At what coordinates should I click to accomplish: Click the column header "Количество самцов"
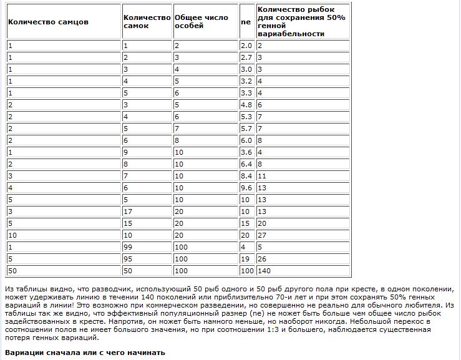48,22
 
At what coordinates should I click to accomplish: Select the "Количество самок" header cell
147,22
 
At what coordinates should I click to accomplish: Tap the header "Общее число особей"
201,22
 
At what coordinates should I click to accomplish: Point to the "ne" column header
246,22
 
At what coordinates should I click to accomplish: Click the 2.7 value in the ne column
246,57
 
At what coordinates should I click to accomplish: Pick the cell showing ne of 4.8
246,105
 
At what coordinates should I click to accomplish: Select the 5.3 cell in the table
246,117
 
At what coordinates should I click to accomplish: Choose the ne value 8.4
246,176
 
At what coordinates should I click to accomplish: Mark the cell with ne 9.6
246,188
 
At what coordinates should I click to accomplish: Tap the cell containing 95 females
129,259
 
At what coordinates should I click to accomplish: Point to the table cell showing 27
262,235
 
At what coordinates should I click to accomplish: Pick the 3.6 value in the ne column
246,152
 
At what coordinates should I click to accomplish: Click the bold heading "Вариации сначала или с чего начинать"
85,353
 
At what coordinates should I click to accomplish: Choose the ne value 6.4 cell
246,164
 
